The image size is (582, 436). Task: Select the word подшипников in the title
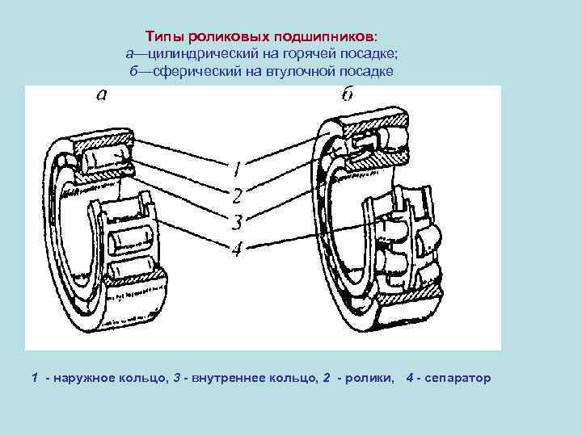pos(323,37)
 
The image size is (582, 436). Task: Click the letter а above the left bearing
pos(100,96)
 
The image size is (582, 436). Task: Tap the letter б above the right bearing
pos(346,95)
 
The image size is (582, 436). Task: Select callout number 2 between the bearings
pos(236,195)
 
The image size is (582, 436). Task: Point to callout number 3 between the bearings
pos(236,221)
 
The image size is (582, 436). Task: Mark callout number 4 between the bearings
pos(236,249)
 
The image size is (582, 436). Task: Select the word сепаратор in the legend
pos(455,379)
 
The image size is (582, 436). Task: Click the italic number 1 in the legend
pos(34,378)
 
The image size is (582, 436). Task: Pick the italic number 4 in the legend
pos(410,378)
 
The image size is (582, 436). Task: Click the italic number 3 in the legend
pos(176,378)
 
